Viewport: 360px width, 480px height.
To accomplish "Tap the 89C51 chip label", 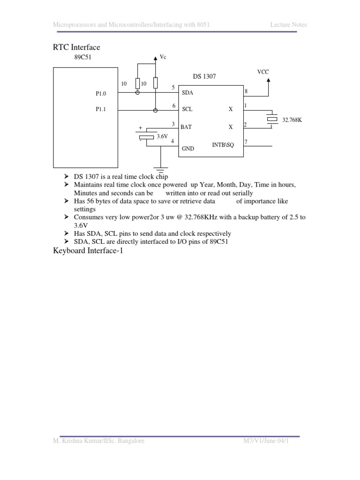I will [83, 57].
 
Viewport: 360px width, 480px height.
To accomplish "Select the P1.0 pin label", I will [101, 93].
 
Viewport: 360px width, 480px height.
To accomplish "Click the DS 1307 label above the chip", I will [204, 76].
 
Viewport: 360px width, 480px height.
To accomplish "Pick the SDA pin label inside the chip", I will [187, 93].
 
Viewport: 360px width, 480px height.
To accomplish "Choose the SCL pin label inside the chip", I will [187, 109].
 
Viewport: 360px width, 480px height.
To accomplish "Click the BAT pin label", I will [186, 127].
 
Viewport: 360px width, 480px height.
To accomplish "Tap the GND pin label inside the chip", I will [187, 148].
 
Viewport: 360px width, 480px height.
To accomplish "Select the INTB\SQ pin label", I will [222, 145].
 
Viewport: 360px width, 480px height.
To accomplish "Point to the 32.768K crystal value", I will [292, 120].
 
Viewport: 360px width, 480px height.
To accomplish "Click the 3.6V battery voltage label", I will [162, 136].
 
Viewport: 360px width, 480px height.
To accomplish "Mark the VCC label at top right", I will [263, 72].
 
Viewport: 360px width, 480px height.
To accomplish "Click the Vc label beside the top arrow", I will [163, 57].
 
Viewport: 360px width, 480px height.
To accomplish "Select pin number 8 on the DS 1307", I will [246, 90].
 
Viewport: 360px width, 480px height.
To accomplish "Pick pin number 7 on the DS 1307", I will [246, 142].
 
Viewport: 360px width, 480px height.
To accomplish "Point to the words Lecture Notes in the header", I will [288, 24].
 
